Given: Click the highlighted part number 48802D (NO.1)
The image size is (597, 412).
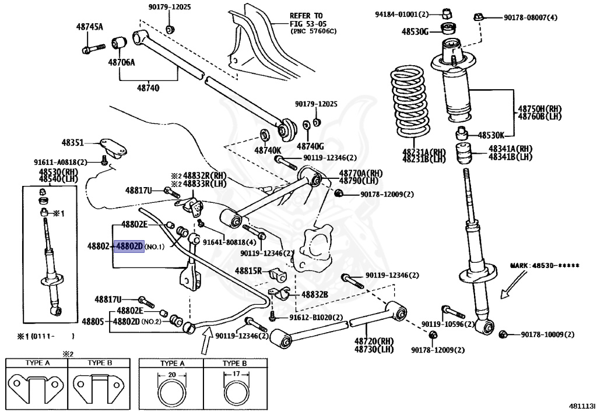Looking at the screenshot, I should coord(129,247).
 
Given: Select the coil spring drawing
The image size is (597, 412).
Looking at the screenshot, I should coord(412,108).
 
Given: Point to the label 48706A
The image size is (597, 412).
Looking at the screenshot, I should coord(121,61).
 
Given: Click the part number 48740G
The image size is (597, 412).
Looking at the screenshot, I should coord(310,146).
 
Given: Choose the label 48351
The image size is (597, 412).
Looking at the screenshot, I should coord(73,142).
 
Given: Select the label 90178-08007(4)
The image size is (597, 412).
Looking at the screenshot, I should coord(531,17).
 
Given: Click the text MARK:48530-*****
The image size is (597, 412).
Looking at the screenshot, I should coord(545,265).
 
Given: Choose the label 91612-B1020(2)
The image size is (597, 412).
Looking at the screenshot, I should coord(316,317).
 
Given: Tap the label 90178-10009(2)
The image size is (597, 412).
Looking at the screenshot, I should coord(547,334).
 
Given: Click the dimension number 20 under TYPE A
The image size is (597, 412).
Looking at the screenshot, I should coord(172,375).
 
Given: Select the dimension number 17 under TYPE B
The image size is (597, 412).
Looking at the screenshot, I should coord(235,375).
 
